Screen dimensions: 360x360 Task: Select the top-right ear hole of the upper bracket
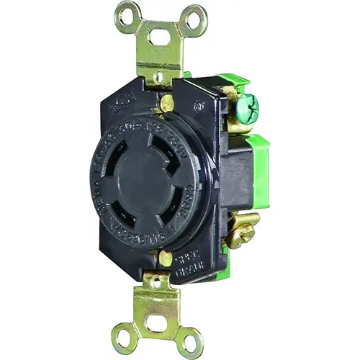pos(193,14)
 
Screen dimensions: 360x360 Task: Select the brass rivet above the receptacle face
pos(166,104)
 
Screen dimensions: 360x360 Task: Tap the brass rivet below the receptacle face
pos(166,258)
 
